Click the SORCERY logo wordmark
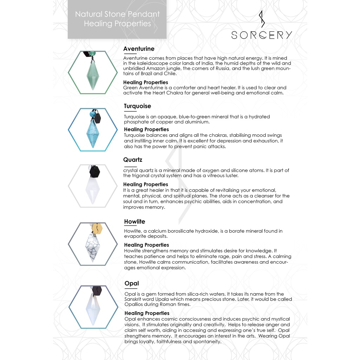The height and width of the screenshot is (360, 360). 262,35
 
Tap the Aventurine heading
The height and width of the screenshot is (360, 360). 139,49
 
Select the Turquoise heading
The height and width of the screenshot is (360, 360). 137,106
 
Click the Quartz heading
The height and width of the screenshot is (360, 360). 133,160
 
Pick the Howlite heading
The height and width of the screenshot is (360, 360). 134,221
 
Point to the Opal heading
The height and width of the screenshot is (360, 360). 131,283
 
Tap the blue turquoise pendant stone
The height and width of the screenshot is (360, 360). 93,133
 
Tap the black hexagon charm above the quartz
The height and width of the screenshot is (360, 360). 95,172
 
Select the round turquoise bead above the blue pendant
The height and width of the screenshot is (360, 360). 93,114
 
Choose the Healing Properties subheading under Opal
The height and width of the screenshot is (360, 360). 147,313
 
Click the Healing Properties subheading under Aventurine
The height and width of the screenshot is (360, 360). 146,82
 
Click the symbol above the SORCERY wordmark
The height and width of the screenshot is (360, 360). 261,19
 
